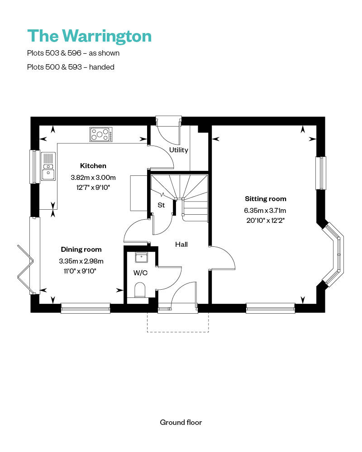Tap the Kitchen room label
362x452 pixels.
click(93, 166)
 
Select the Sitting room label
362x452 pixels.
click(266, 198)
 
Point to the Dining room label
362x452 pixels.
click(81, 249)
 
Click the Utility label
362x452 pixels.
click(178, 150)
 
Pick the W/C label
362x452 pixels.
click(140, 273)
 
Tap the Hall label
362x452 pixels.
click(181, 244)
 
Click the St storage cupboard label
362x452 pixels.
click(161, 205)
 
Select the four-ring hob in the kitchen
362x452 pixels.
click(100, 134)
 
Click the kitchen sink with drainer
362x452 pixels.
click(48, 166)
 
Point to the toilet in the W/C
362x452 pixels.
click(140, 290)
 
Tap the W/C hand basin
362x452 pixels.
click(142, 258)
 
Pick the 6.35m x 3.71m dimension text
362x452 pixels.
click(266, 210)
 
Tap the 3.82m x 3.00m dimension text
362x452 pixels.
click(93, 177)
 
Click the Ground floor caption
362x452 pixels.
click(181, 422)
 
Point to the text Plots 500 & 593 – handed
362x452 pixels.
click(71, 67)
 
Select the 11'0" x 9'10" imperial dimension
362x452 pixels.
click(81, 271)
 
